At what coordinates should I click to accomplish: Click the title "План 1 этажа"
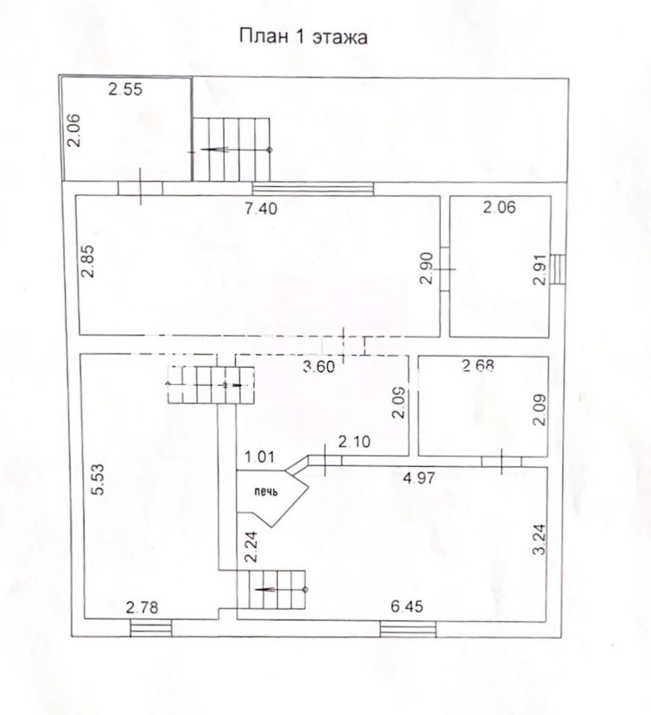coord(303,36)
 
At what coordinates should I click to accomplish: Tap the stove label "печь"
coord(266,492)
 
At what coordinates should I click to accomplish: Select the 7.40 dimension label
coord(260,209)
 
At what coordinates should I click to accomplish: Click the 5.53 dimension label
coord(98,479)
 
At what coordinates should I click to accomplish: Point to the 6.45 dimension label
coord(407,606)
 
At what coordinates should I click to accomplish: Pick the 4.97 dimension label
coord(419,477)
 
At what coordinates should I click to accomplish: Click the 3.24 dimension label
coord(539,539)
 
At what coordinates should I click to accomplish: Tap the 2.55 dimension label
coord(125,89)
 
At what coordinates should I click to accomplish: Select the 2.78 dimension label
coord(142,608)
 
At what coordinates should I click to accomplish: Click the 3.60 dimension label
coord(319,366)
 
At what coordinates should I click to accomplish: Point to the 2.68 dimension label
coord(478,365)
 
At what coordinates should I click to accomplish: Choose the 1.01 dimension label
coord(259,456)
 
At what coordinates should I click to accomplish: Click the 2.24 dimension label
coord(251,547)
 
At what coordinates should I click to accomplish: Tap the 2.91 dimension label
coord(539,270)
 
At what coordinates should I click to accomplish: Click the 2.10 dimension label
coord(355,442)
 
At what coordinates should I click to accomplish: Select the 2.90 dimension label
coord(426,269)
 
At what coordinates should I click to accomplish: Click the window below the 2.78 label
coord(151,628)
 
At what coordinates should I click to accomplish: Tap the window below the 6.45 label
coord(408,629)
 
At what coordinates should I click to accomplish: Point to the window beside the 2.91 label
coord(558,269)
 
